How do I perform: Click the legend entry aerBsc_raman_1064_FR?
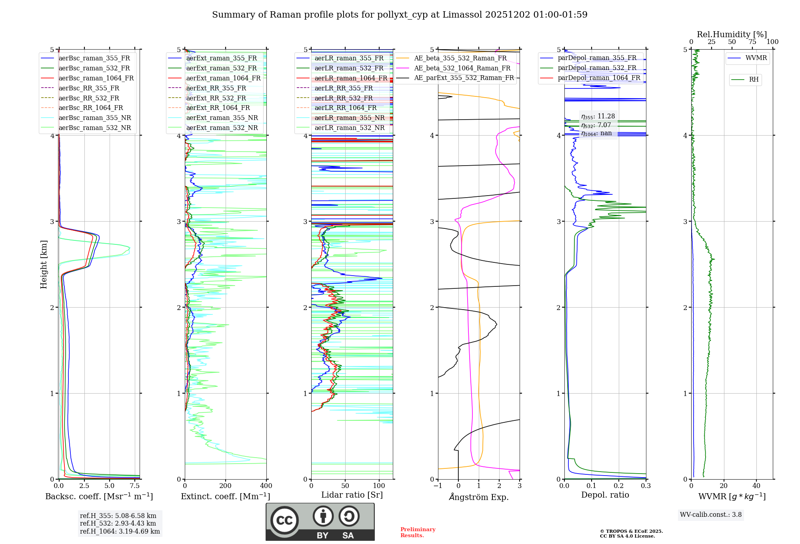(96, 78)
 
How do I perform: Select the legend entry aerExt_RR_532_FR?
(216, 98)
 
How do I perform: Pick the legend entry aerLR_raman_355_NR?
(349, 118)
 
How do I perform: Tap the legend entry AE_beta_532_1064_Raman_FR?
(462, 68)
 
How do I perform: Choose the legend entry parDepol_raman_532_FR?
(597, 68)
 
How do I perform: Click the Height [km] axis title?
(44, 264)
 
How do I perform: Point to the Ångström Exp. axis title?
(479, 497)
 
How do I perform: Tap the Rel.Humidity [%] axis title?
(732, 34)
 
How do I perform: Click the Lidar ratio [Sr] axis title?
(352, 495)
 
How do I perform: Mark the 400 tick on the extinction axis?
(266, 486)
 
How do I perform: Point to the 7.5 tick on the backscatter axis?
(135, 486)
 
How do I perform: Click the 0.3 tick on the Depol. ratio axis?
(646, 486)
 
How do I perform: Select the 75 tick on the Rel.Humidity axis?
(752, 42)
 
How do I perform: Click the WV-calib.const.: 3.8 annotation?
(711, 514)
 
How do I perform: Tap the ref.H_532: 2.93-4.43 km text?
(118, 523)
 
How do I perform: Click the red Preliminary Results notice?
(418, 532)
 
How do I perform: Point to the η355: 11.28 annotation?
(598, 116)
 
